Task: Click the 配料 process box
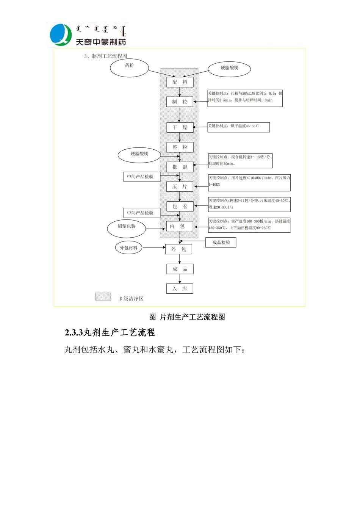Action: [180, 82]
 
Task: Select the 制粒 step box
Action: [180, 102]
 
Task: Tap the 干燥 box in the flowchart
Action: [180, 127]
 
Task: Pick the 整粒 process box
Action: [180, 147]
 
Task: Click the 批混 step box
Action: [180, 167]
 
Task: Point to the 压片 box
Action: [180, 186]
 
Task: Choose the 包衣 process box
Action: [180, 206]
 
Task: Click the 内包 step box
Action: [180, 226]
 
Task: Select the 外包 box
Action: [178, 249]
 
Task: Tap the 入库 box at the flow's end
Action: [180, 288]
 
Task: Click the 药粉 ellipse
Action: [129, 68]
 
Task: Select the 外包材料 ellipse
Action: [129, 248]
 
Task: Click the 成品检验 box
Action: [221, 242]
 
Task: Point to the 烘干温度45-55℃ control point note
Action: [238, 127]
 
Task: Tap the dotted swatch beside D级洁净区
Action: [103, 297]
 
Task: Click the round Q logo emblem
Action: [61, 34]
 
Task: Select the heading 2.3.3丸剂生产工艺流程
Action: [110, 333]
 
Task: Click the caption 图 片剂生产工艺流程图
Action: [187, 317]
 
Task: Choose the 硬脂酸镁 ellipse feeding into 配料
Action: [230, 68]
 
